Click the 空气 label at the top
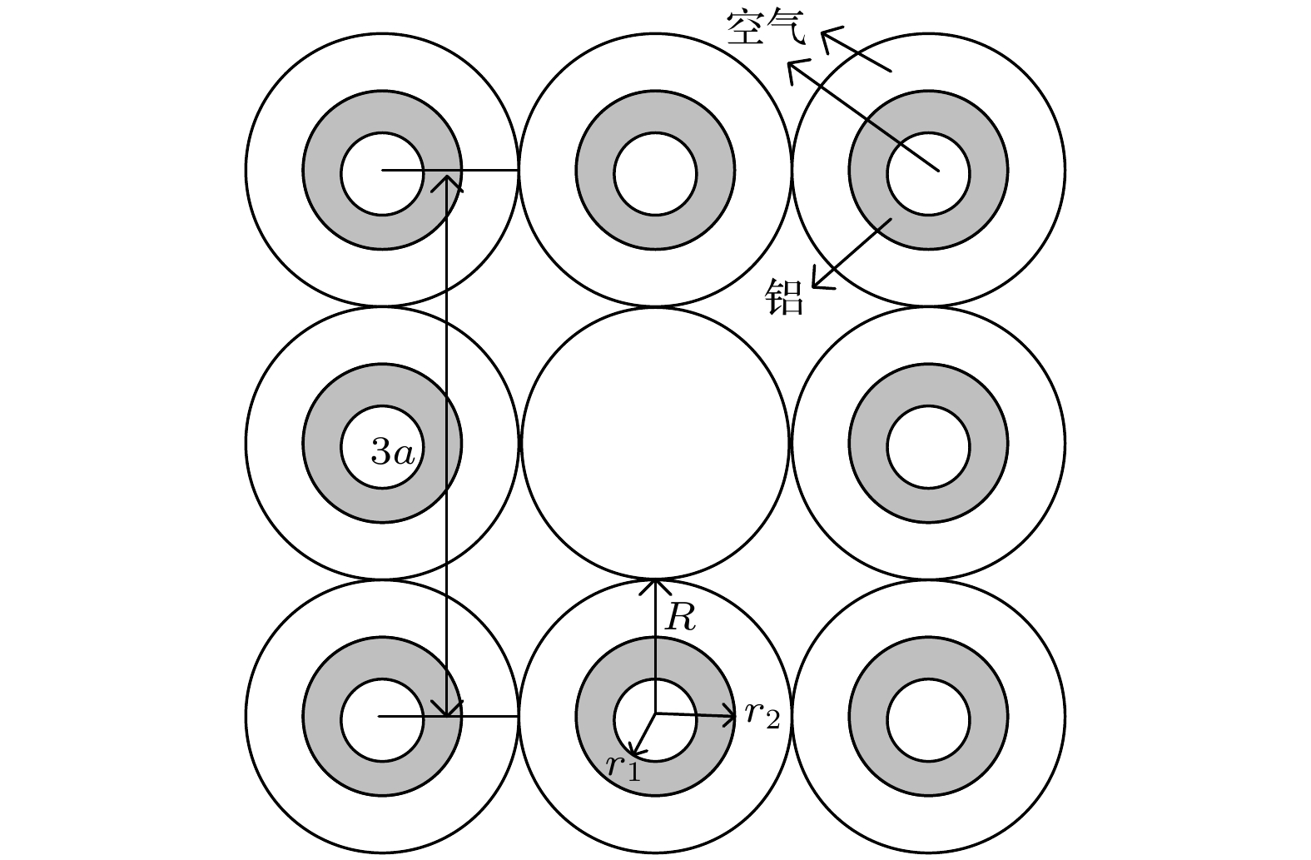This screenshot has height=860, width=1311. [766, 27]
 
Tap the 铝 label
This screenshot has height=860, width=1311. [784, 297]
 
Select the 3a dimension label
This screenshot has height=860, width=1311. [393, 452]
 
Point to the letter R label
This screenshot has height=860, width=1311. [680, 617]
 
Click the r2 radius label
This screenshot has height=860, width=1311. [762, 714]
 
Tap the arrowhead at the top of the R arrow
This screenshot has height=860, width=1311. [655, 587]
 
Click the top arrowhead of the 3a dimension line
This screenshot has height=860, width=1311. [446, 182]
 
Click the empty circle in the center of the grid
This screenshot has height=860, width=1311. [655, 443]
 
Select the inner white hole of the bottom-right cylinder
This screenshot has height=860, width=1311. [928, 721]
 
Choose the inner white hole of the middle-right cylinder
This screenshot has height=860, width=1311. [928, 447]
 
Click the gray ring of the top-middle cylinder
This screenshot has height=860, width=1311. [656, 112]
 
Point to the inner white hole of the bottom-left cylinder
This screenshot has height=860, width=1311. [382, 721]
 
